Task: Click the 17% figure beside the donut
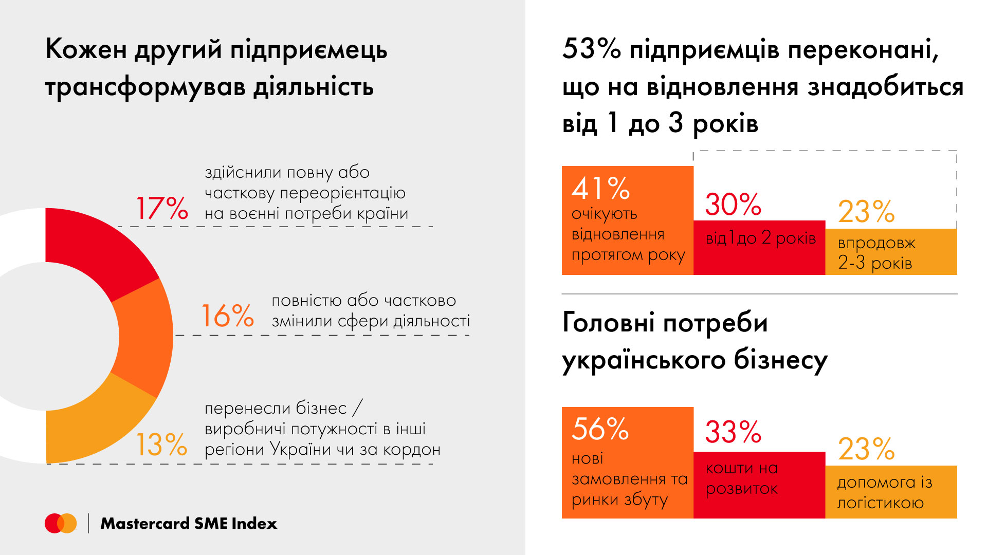(x=162, y=208)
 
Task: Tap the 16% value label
(x=227, y=316)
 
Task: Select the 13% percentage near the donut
(x=161, y=445)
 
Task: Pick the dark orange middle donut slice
(x=144, y=337)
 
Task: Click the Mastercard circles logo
(x=61, y=523)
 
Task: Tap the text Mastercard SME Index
(x=189, y=523)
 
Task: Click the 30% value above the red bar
(x=733, y=205)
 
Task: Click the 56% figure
(x=600, y=429)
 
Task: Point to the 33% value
(x=733, y=432)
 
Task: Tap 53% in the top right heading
(x=591, y=49)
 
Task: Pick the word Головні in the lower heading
(x=608, y=323)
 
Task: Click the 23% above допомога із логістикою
(x=866, y=449)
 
